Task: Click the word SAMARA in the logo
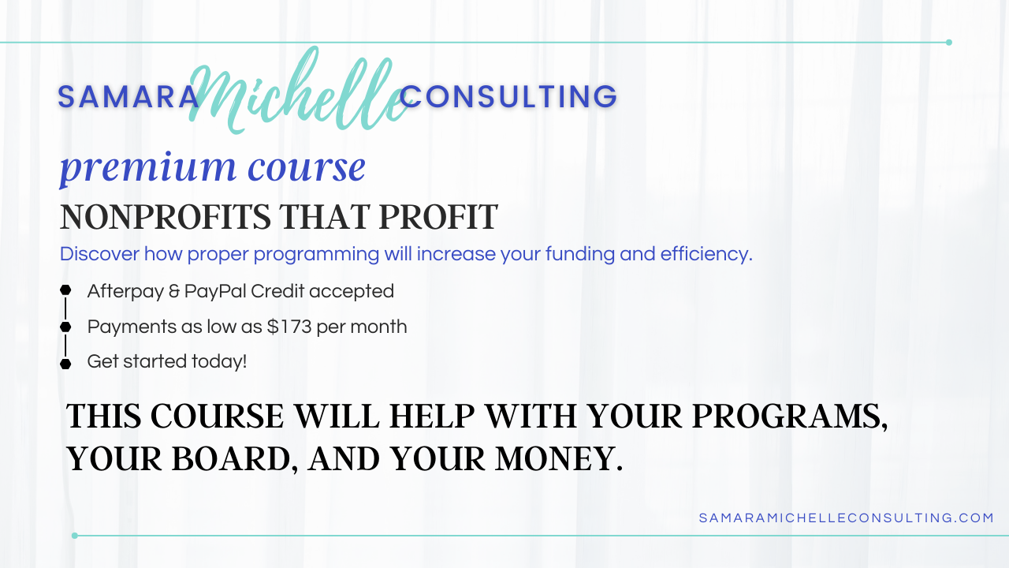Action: [x=128, y=97]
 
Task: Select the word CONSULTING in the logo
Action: [x=508, y=97]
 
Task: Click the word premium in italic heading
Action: [x=148, y=169]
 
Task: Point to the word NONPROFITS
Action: [x=166, y=217]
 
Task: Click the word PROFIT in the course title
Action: [x=438, y=217]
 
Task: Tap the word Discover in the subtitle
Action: [x=99, y=254]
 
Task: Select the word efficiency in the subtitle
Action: [x=706, y=255]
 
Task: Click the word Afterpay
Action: [x=125, y=292]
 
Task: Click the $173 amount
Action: [x=289, y=327]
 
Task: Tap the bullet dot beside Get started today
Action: [x=65, y=364]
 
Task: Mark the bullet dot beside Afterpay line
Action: [x=65, y=290]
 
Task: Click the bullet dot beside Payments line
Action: [x=65, y=327]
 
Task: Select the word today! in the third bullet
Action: [x=219, y=362]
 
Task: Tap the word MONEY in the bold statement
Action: [x=559, y=459]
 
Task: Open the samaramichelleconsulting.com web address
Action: [x=847, y=518]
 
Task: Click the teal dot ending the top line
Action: [x=948, y=43]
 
